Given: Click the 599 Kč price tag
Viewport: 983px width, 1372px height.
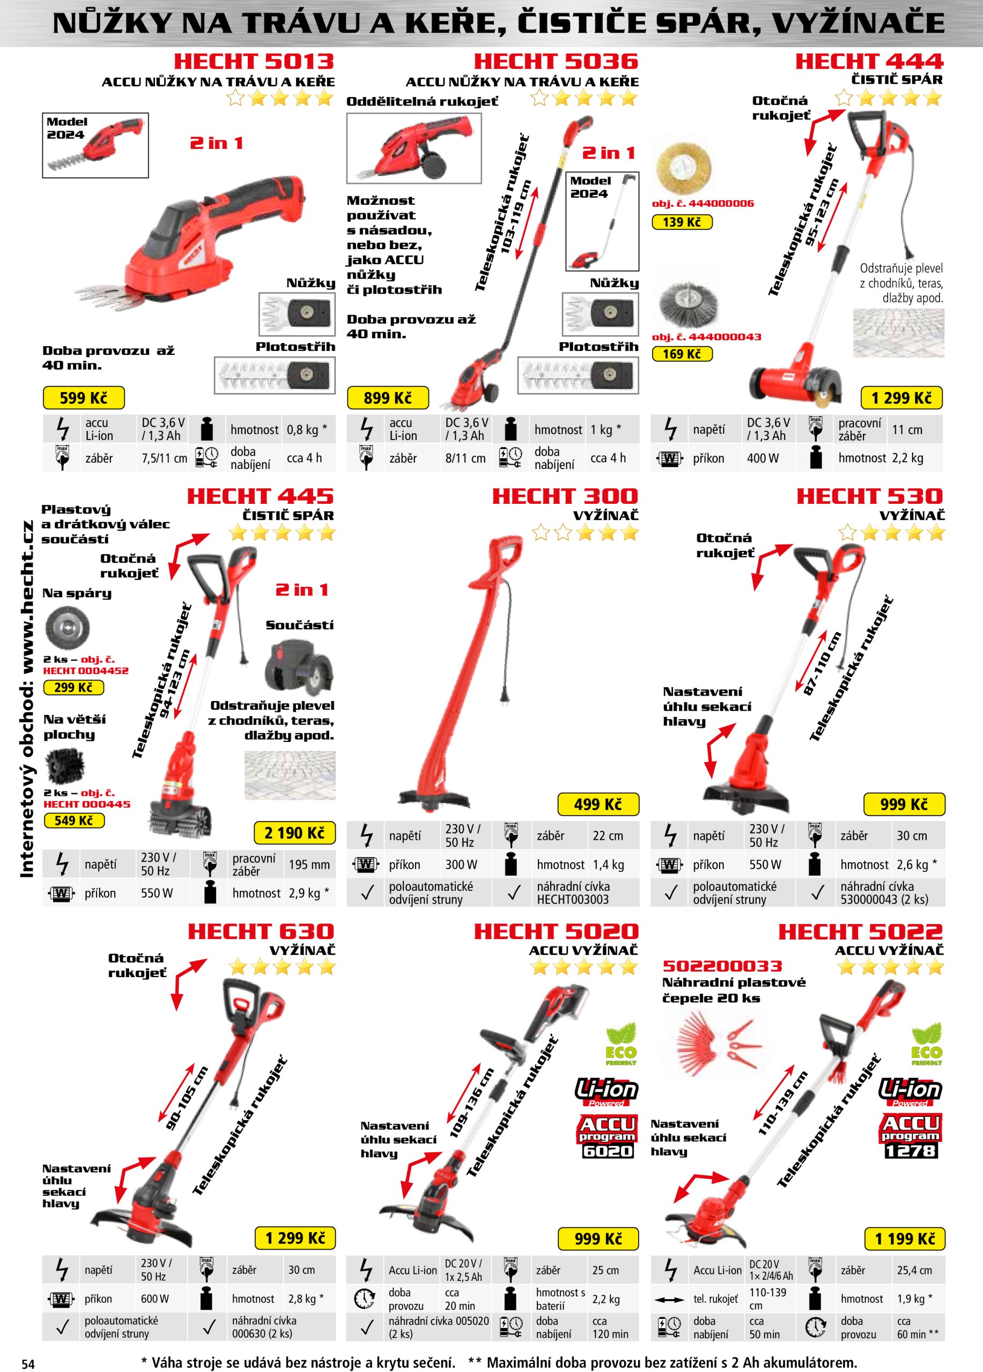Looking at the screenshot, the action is tap(84, 398).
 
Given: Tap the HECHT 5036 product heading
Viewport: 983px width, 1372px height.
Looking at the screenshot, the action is tap(556, 61).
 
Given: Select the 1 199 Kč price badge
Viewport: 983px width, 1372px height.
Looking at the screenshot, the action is tap(904, 1239).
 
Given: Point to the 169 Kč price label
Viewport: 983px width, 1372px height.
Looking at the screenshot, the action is tap(682, 354).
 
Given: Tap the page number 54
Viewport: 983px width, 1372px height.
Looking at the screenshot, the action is tap(28, 1363).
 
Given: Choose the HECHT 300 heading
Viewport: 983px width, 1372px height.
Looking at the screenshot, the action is tap(565, 496).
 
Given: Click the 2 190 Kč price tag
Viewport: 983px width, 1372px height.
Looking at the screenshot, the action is tap(295, 833).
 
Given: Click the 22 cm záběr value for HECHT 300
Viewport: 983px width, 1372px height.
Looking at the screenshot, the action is tap(608, 836).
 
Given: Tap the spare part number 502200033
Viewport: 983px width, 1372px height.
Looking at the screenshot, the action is tap(722, 966).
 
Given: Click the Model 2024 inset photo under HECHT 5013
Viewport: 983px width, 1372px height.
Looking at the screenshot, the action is tap(95, 145).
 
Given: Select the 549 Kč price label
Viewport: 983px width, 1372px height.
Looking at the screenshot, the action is tap(75, 821).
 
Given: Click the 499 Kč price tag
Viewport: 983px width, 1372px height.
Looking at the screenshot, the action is tap(598, 804).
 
